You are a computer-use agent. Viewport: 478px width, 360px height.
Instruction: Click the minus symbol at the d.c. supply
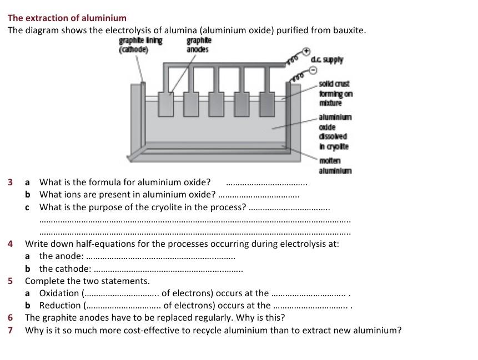point(312,70)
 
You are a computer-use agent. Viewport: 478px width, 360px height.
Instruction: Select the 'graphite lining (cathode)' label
point(140,45)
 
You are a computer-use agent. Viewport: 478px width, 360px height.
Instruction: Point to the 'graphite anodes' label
point(198,45)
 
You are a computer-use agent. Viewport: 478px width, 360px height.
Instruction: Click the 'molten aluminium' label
point(335,166)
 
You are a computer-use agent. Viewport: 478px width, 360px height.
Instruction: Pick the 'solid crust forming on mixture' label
point(335,93)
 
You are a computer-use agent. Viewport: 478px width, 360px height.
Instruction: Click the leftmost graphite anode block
point(165,104)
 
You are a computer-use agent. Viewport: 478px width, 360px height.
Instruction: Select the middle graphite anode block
point(217,104)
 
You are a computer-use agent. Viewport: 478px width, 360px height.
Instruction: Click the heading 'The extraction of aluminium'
point(67,18)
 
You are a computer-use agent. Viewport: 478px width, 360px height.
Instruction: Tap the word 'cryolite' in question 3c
point(168,207)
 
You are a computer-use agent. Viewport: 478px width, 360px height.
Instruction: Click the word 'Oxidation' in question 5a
point(59,293)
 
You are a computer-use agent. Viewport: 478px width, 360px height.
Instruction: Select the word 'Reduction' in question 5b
point(60,305)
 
